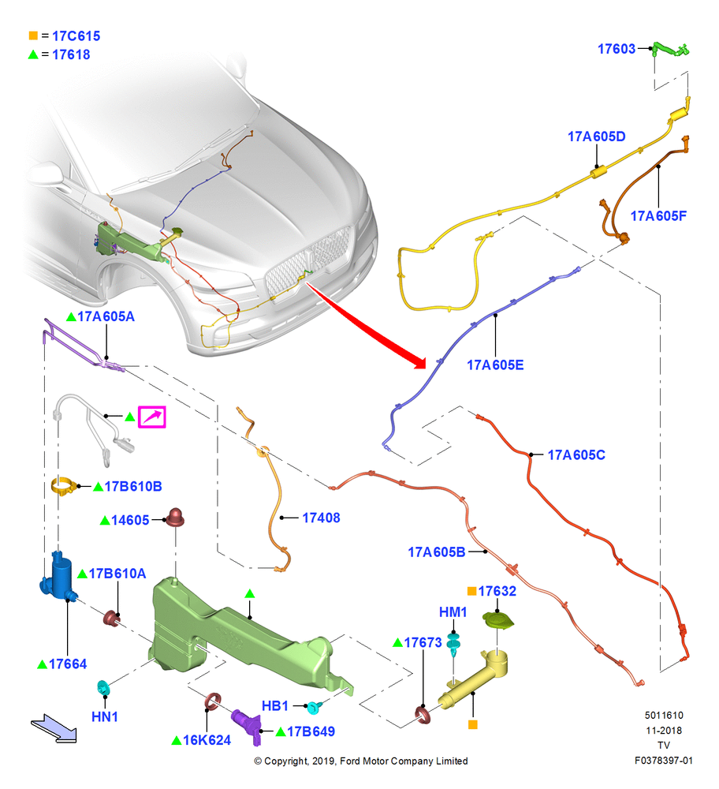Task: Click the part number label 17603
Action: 616,49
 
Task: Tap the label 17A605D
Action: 596,136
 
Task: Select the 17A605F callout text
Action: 658,216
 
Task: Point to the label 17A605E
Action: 495,365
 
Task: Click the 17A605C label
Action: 576,455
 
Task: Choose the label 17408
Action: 321,518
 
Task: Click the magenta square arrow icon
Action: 152,417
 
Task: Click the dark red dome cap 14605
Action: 176,518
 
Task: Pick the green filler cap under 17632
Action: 497,620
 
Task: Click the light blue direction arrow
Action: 54,728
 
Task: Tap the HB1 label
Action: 274,706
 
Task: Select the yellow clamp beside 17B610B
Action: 63,487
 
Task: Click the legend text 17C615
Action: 76,36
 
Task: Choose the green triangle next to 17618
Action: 33,54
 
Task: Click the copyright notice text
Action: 360,761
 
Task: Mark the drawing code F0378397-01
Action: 663,761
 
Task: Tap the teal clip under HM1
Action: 453,644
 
